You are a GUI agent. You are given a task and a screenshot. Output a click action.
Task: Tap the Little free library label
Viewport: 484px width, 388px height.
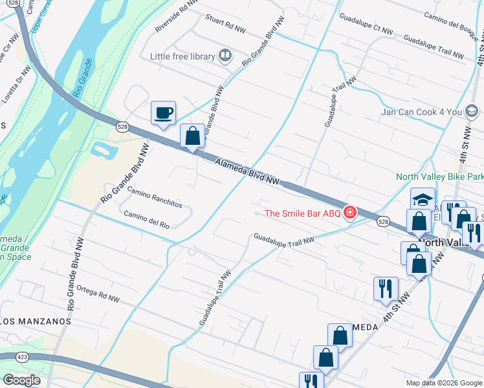pos(182,56)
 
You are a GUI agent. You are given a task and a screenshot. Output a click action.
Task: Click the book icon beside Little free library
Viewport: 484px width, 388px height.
pos(225,56)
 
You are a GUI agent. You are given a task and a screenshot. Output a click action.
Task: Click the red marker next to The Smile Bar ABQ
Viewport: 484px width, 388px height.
pos(350,212)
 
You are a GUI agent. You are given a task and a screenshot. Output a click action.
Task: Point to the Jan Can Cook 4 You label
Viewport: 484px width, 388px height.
pos(421,112)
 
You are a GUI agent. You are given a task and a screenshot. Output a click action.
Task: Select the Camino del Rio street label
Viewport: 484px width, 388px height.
pos(146,220)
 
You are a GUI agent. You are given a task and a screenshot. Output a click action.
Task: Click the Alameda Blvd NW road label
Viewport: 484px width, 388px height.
pos(247,172)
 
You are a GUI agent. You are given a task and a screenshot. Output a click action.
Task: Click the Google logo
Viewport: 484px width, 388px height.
pos(21,380)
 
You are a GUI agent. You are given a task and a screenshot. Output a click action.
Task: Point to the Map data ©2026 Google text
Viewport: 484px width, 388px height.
pos(443,383)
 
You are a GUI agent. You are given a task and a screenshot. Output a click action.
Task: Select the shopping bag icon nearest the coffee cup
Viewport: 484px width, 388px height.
pos(192,136)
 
